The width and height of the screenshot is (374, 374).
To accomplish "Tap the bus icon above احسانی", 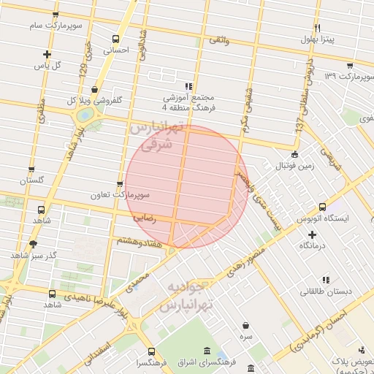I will click(116, 39).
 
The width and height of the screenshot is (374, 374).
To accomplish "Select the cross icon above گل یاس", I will click(47, 54).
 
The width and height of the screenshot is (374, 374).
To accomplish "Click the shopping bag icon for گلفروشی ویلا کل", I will click(94, 89).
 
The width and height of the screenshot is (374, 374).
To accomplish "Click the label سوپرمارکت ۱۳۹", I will click(341, 76).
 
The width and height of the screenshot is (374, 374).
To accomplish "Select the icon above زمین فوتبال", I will click(294, 154).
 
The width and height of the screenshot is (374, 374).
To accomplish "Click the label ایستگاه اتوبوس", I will click(322, 218).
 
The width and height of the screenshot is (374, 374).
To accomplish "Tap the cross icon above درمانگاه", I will click(313, 234).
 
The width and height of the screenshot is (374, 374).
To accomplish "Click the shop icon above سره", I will click(245, 326).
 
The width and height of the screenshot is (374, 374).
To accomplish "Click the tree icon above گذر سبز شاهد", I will click(32, 244).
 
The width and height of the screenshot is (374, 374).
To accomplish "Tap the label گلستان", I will click(31, 180).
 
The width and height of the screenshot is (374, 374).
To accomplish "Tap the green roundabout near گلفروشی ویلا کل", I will click(85, 115).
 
